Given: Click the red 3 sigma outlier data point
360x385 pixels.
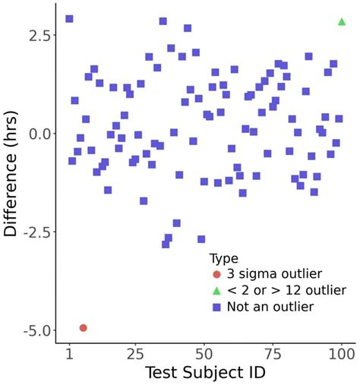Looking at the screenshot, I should pyautogui.click(x=83, y=328).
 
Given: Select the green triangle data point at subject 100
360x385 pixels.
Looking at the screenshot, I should pyautogui.click(x=342, y=21).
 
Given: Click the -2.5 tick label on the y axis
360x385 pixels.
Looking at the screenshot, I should pyautogui.click(x=34, y=232).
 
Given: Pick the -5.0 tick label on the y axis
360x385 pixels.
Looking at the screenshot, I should pyautogui.click(x=34, y=330).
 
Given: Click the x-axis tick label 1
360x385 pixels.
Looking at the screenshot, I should pyautogui.click(x=69, y=354).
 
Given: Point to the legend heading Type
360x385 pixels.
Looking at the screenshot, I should pyautogui.click(x=224, y=258).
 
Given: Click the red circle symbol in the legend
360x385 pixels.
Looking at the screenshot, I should pyautogui.click(x=217, y=274).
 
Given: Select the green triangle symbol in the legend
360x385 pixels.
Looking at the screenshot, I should pyautogui.click(x=217, y=291).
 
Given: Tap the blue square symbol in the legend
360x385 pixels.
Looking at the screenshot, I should pyautogui.click(x=217, y=308).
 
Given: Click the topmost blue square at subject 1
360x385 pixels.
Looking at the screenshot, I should pyautogui.click(x=69, y=19).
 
